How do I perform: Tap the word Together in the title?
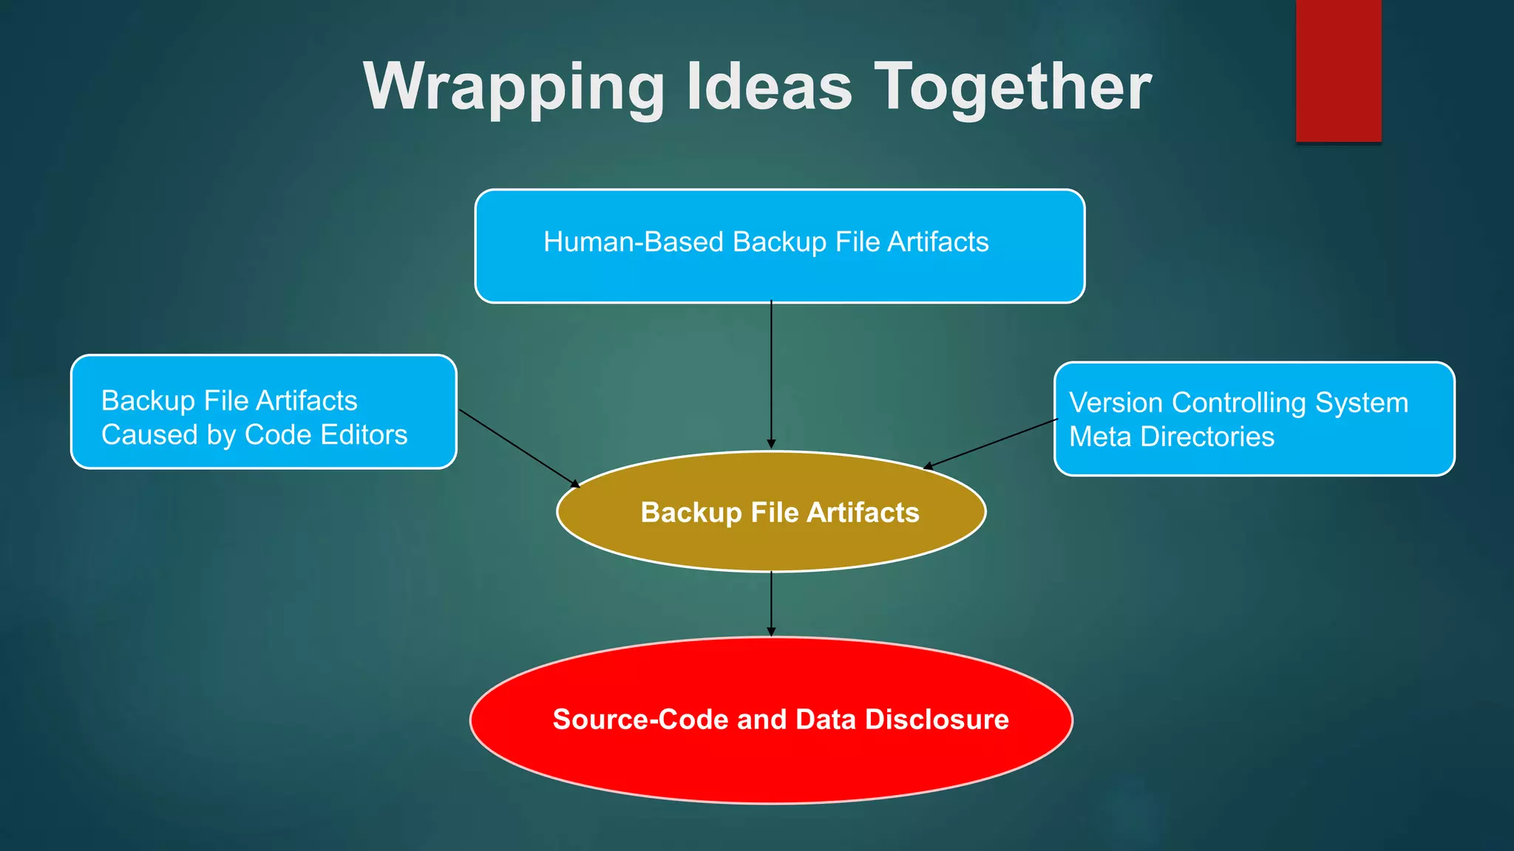point(1013,87)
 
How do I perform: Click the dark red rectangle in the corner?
point(1338,70)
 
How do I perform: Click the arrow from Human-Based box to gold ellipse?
point(771,373)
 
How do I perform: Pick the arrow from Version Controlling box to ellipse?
point(991,444)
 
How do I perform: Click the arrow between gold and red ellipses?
point(771,602)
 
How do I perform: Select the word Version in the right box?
point(1116,403)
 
